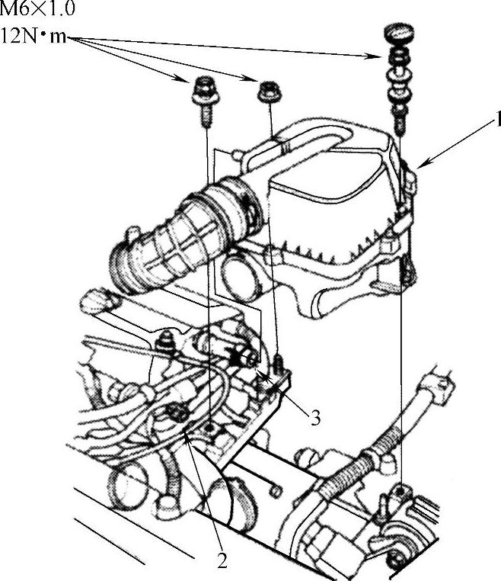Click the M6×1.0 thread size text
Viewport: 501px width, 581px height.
pyautogui.click(x=37, y=9)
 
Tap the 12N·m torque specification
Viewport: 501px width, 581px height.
pyautogui.click(x=34, y=36)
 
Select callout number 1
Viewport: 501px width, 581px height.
pyautogui.click(x=497, y=119)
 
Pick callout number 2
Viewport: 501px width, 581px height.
pyautogui.click(x=222, y=561)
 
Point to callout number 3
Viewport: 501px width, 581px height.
pyautogui.click(x=316, y=418)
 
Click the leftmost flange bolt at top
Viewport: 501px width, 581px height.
pyautogui.click(x=206, y=100)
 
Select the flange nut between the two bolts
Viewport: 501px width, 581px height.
pyautogui.click(x=270, y=91)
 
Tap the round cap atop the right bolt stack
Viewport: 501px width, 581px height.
pyautogui.click(x=399, y=33)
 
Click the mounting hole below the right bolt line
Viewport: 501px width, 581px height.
pyautogui.click(x=400, y=492)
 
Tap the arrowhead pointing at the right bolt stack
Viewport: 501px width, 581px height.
pyautogui.click(x=375, y=56)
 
